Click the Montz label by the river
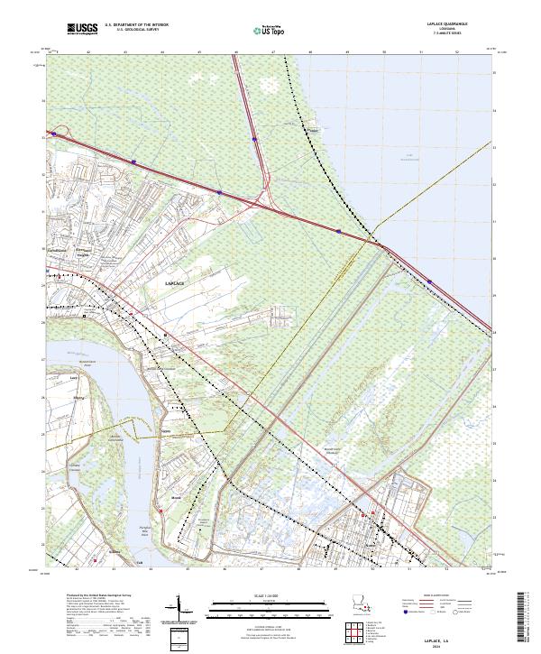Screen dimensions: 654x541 177,497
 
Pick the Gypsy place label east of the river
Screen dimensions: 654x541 166,431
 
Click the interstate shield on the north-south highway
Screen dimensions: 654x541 255,140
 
